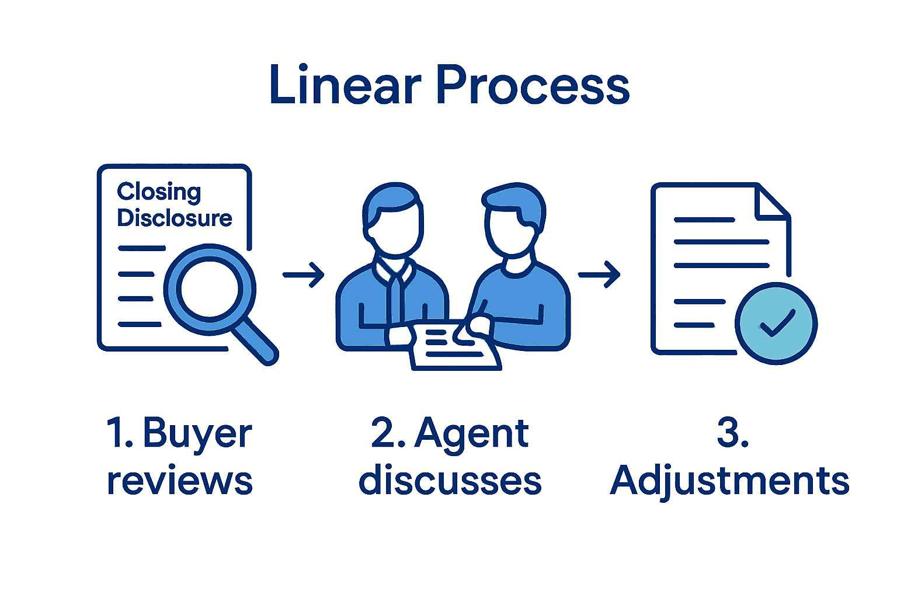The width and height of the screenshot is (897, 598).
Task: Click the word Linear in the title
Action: (x=345, y=85)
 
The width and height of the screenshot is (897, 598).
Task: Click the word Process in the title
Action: (x=532, y=85)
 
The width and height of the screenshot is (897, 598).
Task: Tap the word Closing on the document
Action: (x=159, y=192)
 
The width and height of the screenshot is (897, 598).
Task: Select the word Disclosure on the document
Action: (x=175, y=218)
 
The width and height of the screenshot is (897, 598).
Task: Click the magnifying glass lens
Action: (x=209, y=289)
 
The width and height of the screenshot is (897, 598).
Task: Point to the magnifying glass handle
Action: (x=257, y=342)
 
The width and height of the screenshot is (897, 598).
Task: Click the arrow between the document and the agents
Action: (x=304, y=274)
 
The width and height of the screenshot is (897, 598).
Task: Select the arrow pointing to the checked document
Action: (x=599, y=274)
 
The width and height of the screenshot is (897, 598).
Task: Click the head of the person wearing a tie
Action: (x=392, y=221)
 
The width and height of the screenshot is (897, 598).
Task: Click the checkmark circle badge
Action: (x=776, y=323)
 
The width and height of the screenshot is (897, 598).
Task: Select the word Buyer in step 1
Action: (x=197, y=434)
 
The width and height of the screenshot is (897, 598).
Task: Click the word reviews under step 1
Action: (x=179, y=481)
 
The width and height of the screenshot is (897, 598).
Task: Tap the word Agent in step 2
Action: (x=471, y=434)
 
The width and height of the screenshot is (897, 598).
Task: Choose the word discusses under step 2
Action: (x=450, y=481)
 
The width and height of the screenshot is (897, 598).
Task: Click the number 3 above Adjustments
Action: (x=730, y=433)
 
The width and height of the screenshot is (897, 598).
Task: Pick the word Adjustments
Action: (x=729, y=481)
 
